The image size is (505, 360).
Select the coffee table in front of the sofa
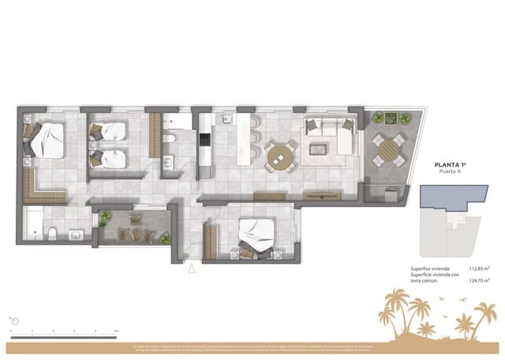click(x=320, y=148)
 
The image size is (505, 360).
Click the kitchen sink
click(x=225, y=121)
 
